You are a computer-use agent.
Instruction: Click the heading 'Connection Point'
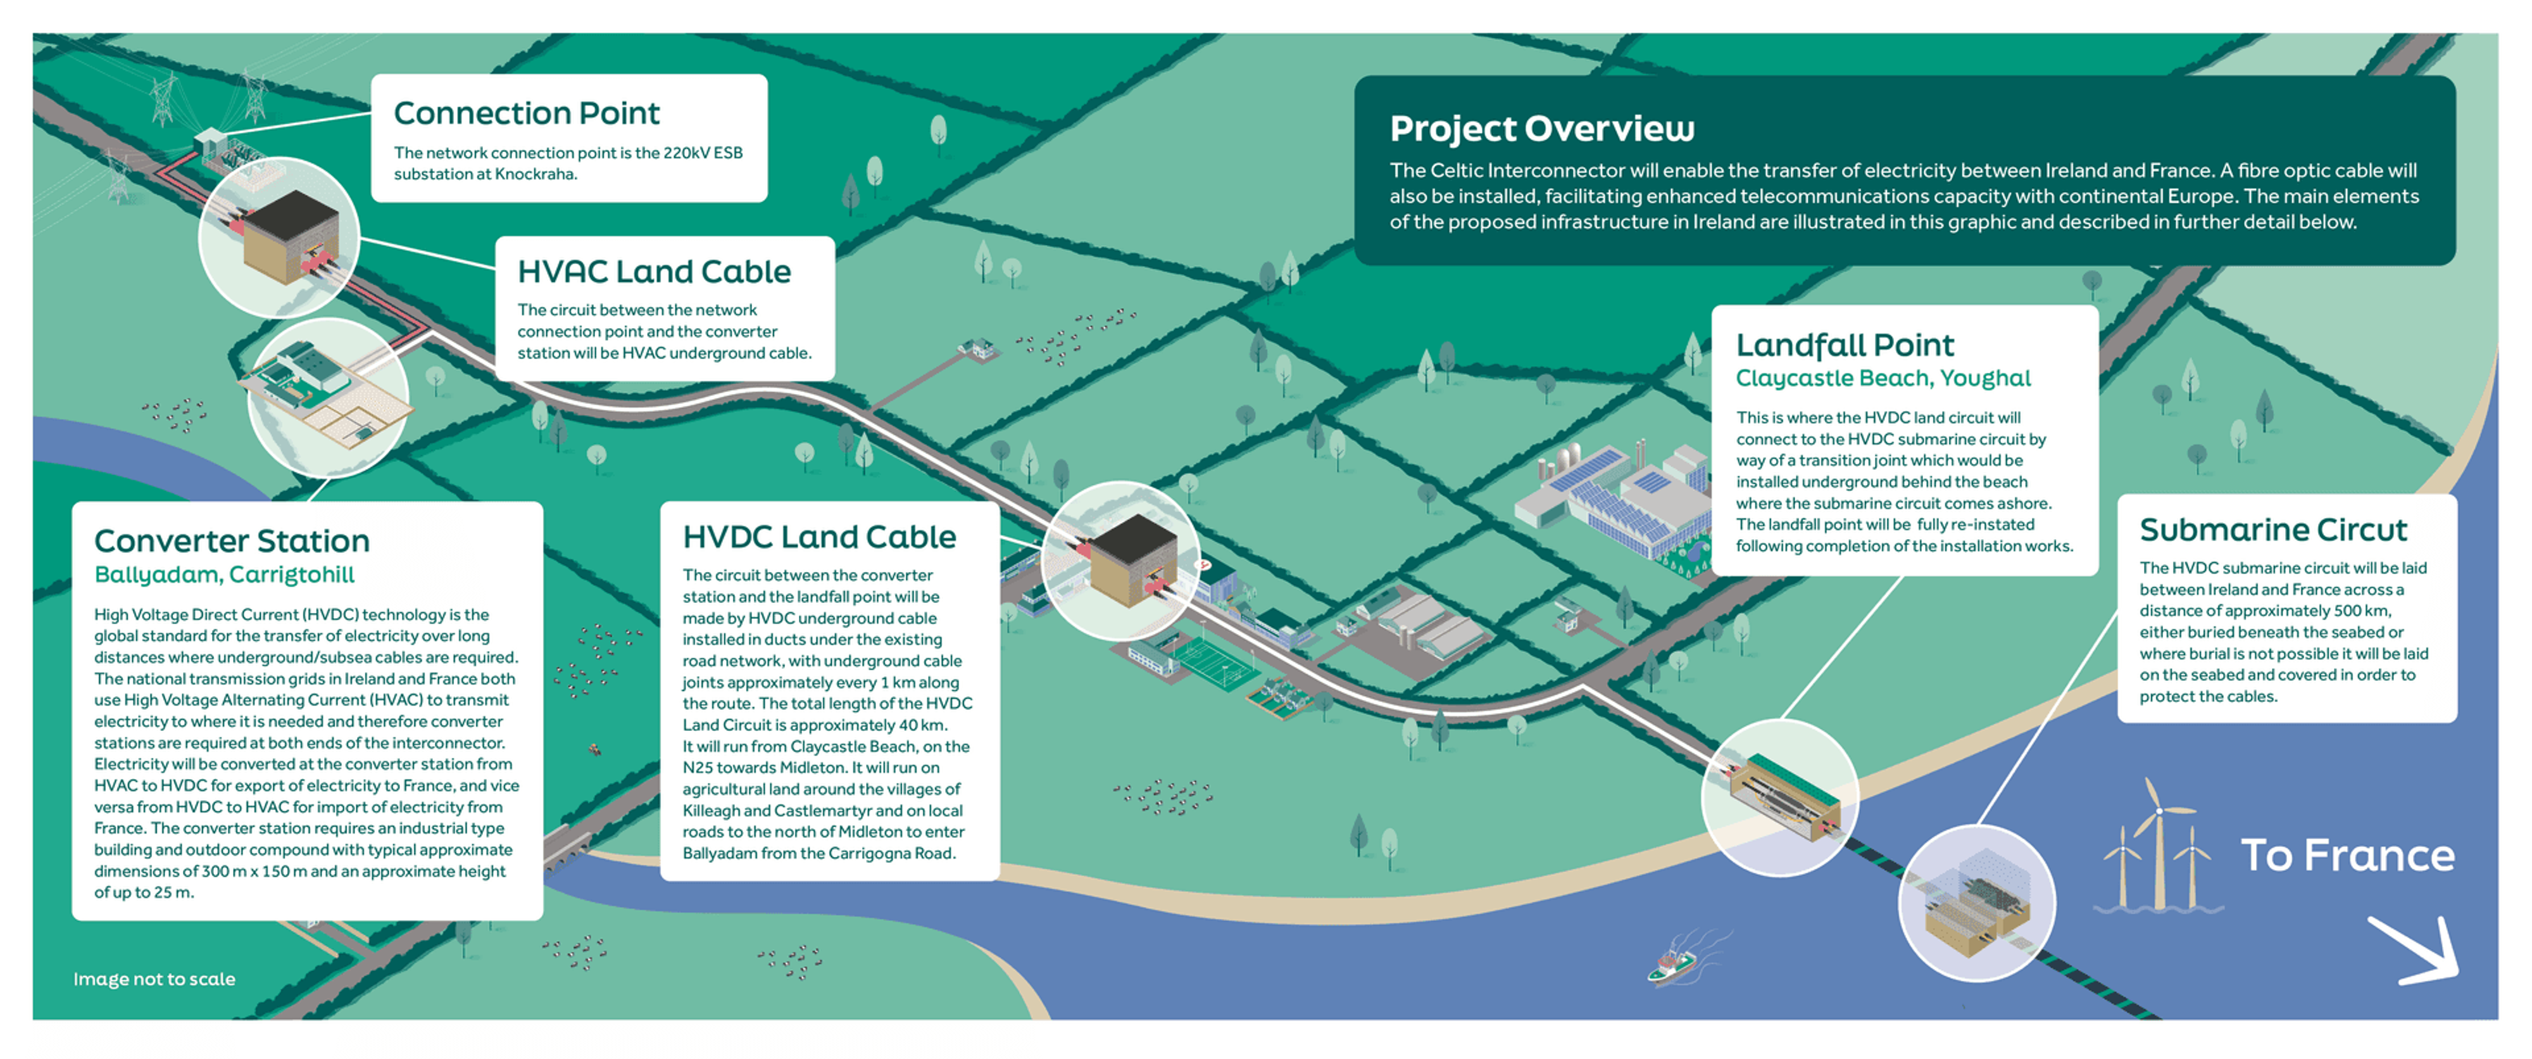(526, 114)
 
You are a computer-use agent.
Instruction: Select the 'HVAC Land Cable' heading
(654, 271)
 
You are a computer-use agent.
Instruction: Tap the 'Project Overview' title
(1541, 129)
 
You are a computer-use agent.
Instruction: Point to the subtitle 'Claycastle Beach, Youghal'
(1883, 379)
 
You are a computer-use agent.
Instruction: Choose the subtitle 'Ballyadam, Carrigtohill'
(224, 575)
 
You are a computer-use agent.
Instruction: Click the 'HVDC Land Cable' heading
(818, 537)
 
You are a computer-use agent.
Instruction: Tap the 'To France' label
(2347, 856)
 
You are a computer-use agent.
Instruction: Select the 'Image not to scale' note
(154, 979)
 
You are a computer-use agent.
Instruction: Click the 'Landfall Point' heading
(1844, 345)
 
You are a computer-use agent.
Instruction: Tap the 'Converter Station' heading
(232, 541)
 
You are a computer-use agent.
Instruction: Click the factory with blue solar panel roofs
(1612, 502)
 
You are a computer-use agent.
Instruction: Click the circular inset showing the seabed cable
(1977, 903)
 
